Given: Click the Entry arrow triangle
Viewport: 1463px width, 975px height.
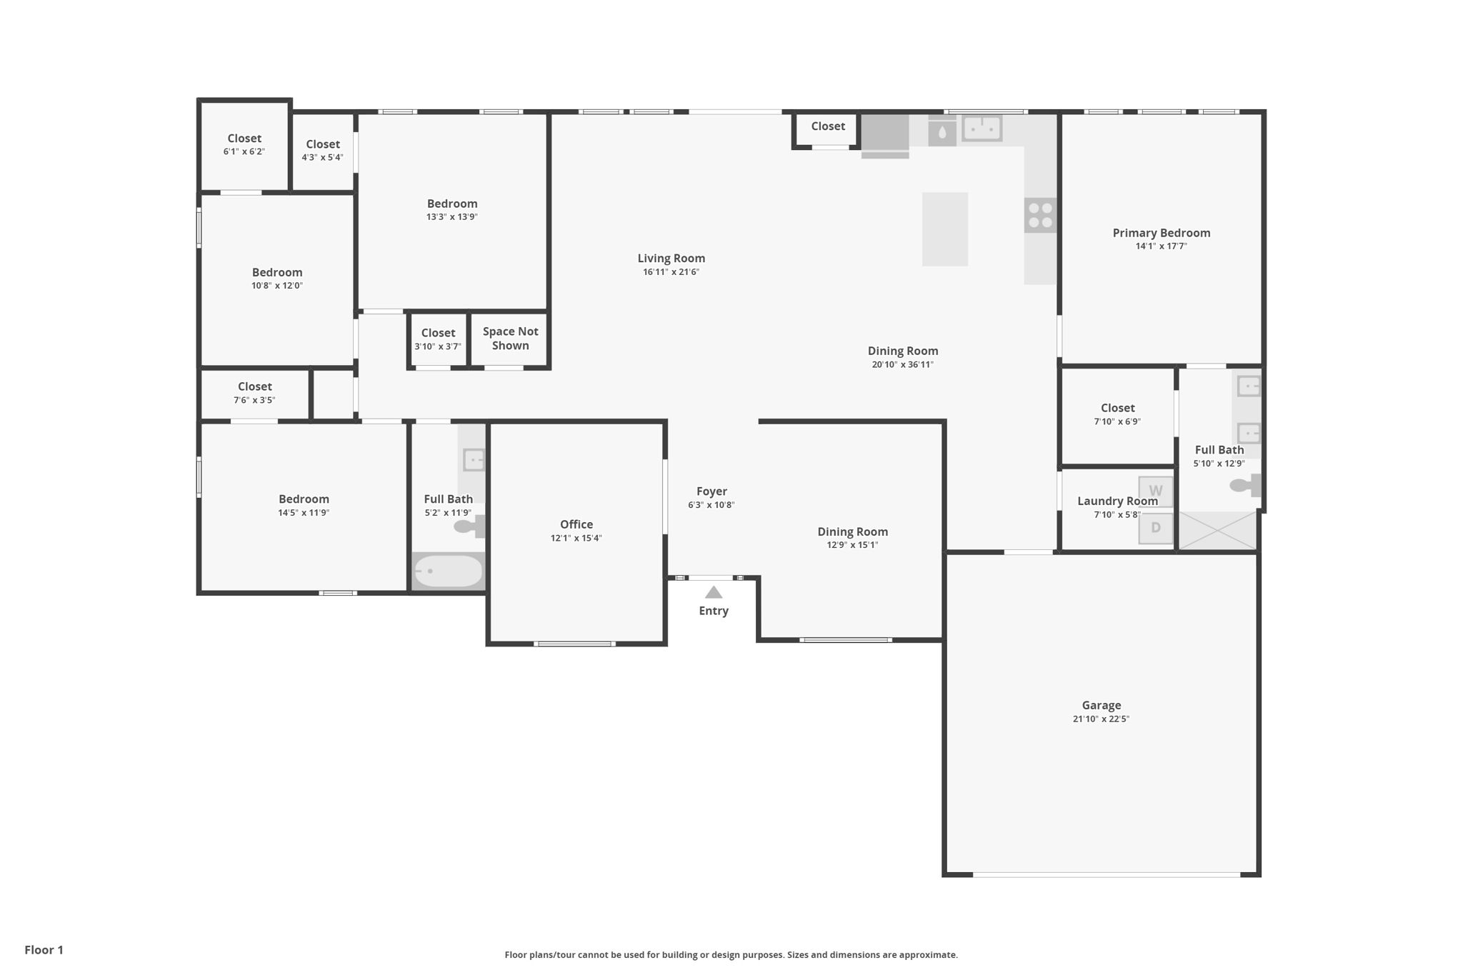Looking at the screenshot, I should [x=714, y=592].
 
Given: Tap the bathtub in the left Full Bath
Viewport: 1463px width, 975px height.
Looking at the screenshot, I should [x=448, y=571].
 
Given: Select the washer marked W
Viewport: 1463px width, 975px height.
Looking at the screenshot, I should [x=1155, y=491].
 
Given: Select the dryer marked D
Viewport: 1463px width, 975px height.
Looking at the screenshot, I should [x=1155, y=529].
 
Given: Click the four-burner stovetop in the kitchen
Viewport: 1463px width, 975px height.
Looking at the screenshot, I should [x=1040, y=215].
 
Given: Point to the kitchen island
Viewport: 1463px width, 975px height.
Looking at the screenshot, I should [x=944, y=229].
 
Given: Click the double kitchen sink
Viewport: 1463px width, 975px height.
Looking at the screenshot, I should [x=982, y=129].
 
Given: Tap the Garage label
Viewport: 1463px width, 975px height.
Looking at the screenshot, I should [x=1101, y=705].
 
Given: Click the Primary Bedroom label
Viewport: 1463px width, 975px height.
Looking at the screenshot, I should [x=1161, y=233].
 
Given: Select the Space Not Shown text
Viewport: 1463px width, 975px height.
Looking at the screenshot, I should [x=510, y=338].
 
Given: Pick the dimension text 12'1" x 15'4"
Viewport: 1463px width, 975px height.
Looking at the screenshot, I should [x=576, y=538].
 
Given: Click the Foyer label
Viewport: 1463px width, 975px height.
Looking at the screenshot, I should [x=711, y=491].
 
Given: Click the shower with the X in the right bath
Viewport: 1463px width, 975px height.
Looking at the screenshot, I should [x=1217, y=531].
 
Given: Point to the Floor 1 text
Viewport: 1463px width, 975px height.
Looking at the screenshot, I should [x=44, y=949].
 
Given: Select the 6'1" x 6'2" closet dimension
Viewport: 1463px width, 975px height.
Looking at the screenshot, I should [x=244, y=151].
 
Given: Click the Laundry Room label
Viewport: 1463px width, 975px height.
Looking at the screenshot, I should [x=1117, y=501].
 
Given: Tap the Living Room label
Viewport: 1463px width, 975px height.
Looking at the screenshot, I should [x=671, y=259].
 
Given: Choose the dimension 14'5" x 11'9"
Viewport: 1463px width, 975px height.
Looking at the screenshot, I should [x=304, y=512].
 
